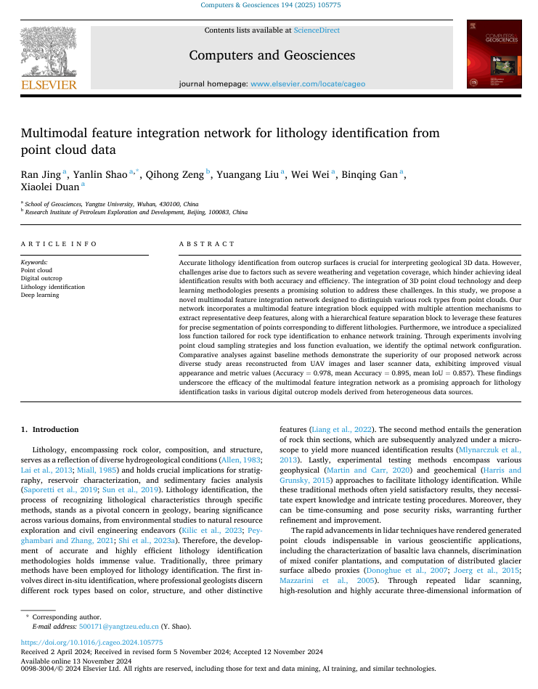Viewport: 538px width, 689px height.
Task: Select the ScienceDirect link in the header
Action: (317, 30)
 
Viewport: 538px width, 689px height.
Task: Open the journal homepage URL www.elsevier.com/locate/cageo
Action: (308, 83)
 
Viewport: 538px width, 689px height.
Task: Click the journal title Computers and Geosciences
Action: (272, 55)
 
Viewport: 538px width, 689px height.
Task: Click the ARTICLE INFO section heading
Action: (60, 244)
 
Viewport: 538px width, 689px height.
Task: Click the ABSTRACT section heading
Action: (207, 244)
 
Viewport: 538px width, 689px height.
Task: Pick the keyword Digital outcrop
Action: (41, 278)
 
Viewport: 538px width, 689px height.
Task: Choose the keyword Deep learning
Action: (40, 295)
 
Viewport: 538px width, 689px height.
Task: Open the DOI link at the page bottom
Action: (91, 643)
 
